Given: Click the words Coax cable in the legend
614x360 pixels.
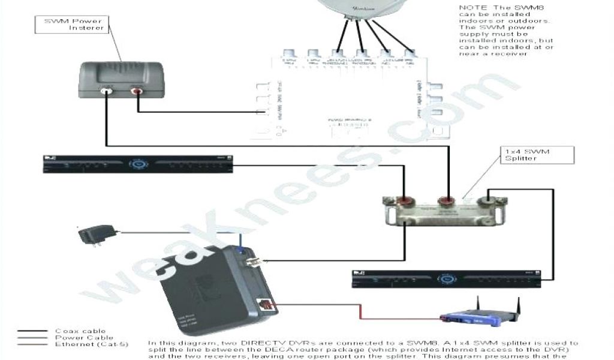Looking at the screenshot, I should [x=80, y=331].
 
